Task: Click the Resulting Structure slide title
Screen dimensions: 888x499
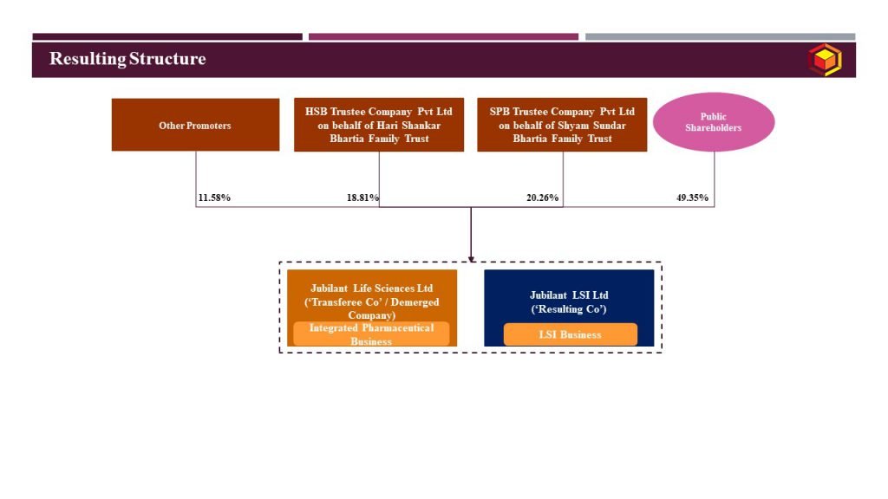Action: pyautogui.click(x=127, y=59)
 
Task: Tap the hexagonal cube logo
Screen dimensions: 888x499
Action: pyautogui.click(x=825, y=60)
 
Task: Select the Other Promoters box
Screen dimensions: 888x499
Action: pyautogui.click(x=195, y=125)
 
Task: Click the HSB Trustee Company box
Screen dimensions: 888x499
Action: pyautogui.click(x=379, y=125)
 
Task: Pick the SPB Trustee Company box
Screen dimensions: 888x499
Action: pyautogui.click(x=562, y=125)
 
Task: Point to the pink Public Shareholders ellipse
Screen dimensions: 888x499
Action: pyautogui.click(x=714, y=122)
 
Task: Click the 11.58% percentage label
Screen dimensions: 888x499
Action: pyautogui.click(x=214, y=198)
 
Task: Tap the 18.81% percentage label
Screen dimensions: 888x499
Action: pyautogui.click(x=362, y=198)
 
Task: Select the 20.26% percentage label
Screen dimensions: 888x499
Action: pyautogui.click(x=543, y=198)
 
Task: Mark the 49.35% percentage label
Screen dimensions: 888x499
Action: pyautogui.click(x=692, y=198)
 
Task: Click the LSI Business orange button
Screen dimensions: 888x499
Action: pyautogui.click(x=571, y=334)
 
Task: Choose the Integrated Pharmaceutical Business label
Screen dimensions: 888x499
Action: pyautogui.click(x=371, y=334)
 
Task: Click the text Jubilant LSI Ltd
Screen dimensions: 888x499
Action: pyautogui.click(x=569, y=295)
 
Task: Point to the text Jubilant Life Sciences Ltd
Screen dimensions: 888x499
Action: pyautogui.click(x=371, y=288)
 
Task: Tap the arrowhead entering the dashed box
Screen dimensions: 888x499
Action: pyautogui.click(x=471, y=259)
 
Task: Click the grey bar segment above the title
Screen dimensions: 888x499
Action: pyautogui.click(x=721, y=36)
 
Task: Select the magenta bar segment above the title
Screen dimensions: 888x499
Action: pyautogui.click(x=443, y=36)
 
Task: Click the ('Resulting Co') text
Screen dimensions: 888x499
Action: pyautogui.click(x=569, y=309)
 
